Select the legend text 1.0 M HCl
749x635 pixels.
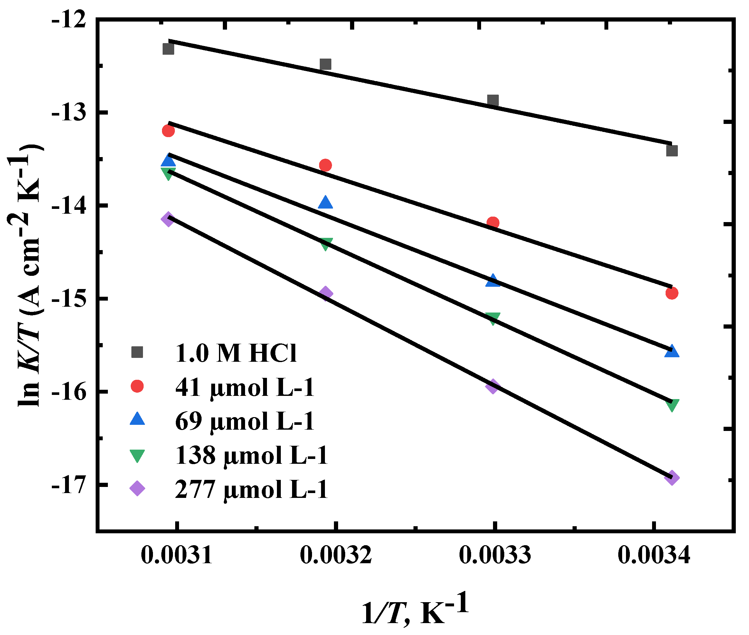coord(236,353)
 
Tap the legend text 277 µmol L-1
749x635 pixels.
coord(251,490)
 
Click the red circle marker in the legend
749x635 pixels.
coord(137,387)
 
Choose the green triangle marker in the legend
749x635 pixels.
coord(137,456)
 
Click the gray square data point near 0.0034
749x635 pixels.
coord(672,151)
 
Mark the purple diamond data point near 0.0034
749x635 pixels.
coord(672,478)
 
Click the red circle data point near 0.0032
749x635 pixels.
coord(326,165)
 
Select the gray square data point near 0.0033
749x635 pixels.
coord(493,100)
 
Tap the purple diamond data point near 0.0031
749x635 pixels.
coord(168,219)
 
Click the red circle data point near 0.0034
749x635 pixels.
coord(672,293)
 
